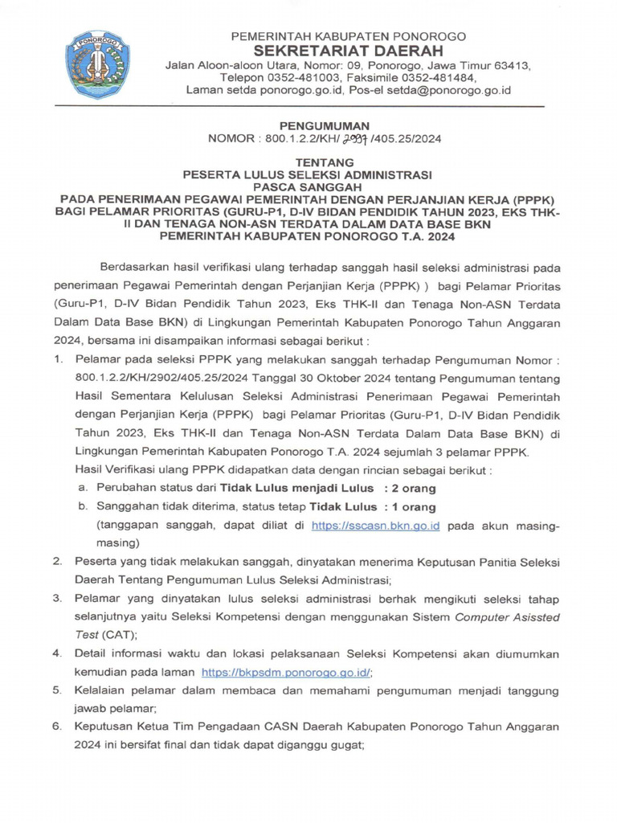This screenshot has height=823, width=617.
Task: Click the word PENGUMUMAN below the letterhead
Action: pos(324,126)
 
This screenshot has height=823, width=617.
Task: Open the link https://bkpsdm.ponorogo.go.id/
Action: pos(286,672)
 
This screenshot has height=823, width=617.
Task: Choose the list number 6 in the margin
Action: pos(57,727)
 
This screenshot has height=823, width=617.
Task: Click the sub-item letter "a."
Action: pos(83,489)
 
